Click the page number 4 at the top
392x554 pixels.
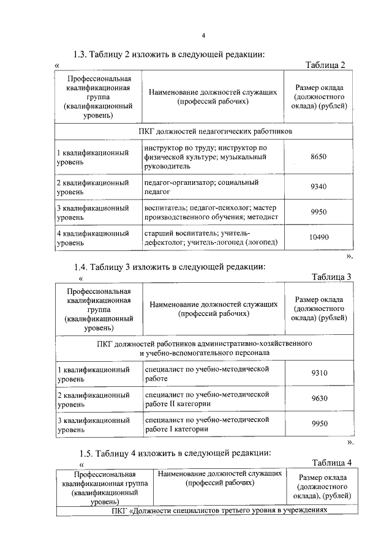tap(203, 34)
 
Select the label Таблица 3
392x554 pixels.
tap(331, 276)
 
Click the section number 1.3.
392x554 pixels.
tap(81, 54)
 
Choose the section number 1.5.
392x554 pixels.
tap(88, 453)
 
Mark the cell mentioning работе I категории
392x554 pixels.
tap(206, 424)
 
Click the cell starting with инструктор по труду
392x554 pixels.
tap(205, 157)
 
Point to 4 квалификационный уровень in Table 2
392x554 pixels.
tap(92, 238)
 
